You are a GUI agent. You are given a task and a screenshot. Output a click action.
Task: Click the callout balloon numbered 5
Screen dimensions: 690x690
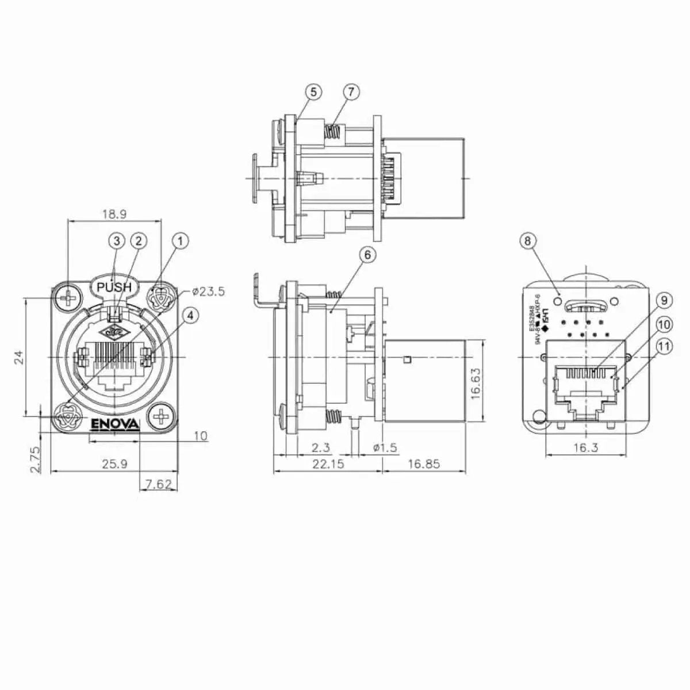tap(313, 92)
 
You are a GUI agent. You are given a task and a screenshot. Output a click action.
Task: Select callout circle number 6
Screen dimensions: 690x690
tap(367, 254)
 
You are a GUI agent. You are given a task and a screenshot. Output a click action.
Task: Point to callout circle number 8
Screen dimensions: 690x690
tap(528, 241)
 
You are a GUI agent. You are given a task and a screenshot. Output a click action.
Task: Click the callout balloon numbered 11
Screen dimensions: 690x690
tap(665, 347)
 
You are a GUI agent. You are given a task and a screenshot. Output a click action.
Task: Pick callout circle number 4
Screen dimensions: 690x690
tap(190, 315)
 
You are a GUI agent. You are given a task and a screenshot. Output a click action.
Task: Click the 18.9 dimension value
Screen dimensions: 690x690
tap(114, 214)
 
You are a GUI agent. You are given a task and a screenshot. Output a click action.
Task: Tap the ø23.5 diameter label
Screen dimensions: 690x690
tap(208, 292)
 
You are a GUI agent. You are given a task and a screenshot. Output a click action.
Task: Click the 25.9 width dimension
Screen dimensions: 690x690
tap(114, 463)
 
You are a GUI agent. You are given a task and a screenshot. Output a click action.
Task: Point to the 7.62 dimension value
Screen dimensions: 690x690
tap(158, 484)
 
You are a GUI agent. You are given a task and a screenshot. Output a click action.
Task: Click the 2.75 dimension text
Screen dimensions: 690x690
tap(35, 459)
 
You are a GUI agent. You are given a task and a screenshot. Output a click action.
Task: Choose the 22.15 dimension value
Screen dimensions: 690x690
tap(328, 463)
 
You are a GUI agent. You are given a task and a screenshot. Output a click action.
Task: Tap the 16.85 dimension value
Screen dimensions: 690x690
tap(423, 463)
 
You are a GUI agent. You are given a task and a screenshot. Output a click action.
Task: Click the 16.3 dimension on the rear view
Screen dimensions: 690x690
tap(585, 447)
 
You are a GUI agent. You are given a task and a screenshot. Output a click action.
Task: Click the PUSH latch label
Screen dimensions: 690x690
tap(114, 287)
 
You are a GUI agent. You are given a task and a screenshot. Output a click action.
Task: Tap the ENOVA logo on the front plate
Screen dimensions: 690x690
tap(116, 424)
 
